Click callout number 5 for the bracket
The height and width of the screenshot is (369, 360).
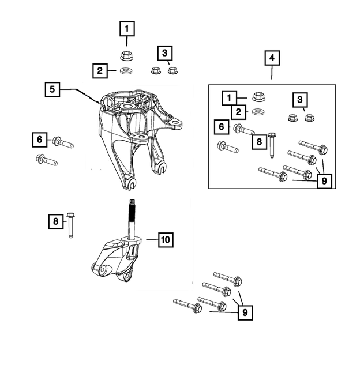pos(52,89)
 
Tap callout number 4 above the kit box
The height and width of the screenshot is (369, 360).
pos(272,58)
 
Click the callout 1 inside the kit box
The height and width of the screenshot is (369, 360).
pos(230,97)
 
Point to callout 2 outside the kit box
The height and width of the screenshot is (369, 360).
pos(100,71)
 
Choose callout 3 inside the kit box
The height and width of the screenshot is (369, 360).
pos(299,100)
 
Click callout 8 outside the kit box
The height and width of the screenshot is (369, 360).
pos(55,221)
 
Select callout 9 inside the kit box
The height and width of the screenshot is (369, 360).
pos(324,180)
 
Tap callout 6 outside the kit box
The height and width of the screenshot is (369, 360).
pos(40,140)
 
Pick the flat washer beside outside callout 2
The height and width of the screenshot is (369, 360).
pos(125,71)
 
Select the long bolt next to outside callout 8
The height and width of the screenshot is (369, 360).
pos(71,225)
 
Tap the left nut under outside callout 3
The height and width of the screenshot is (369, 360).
pos(155,70)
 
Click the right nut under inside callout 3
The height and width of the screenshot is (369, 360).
pos(310,118)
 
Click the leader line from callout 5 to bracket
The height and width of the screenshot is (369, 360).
pos(80,92)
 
